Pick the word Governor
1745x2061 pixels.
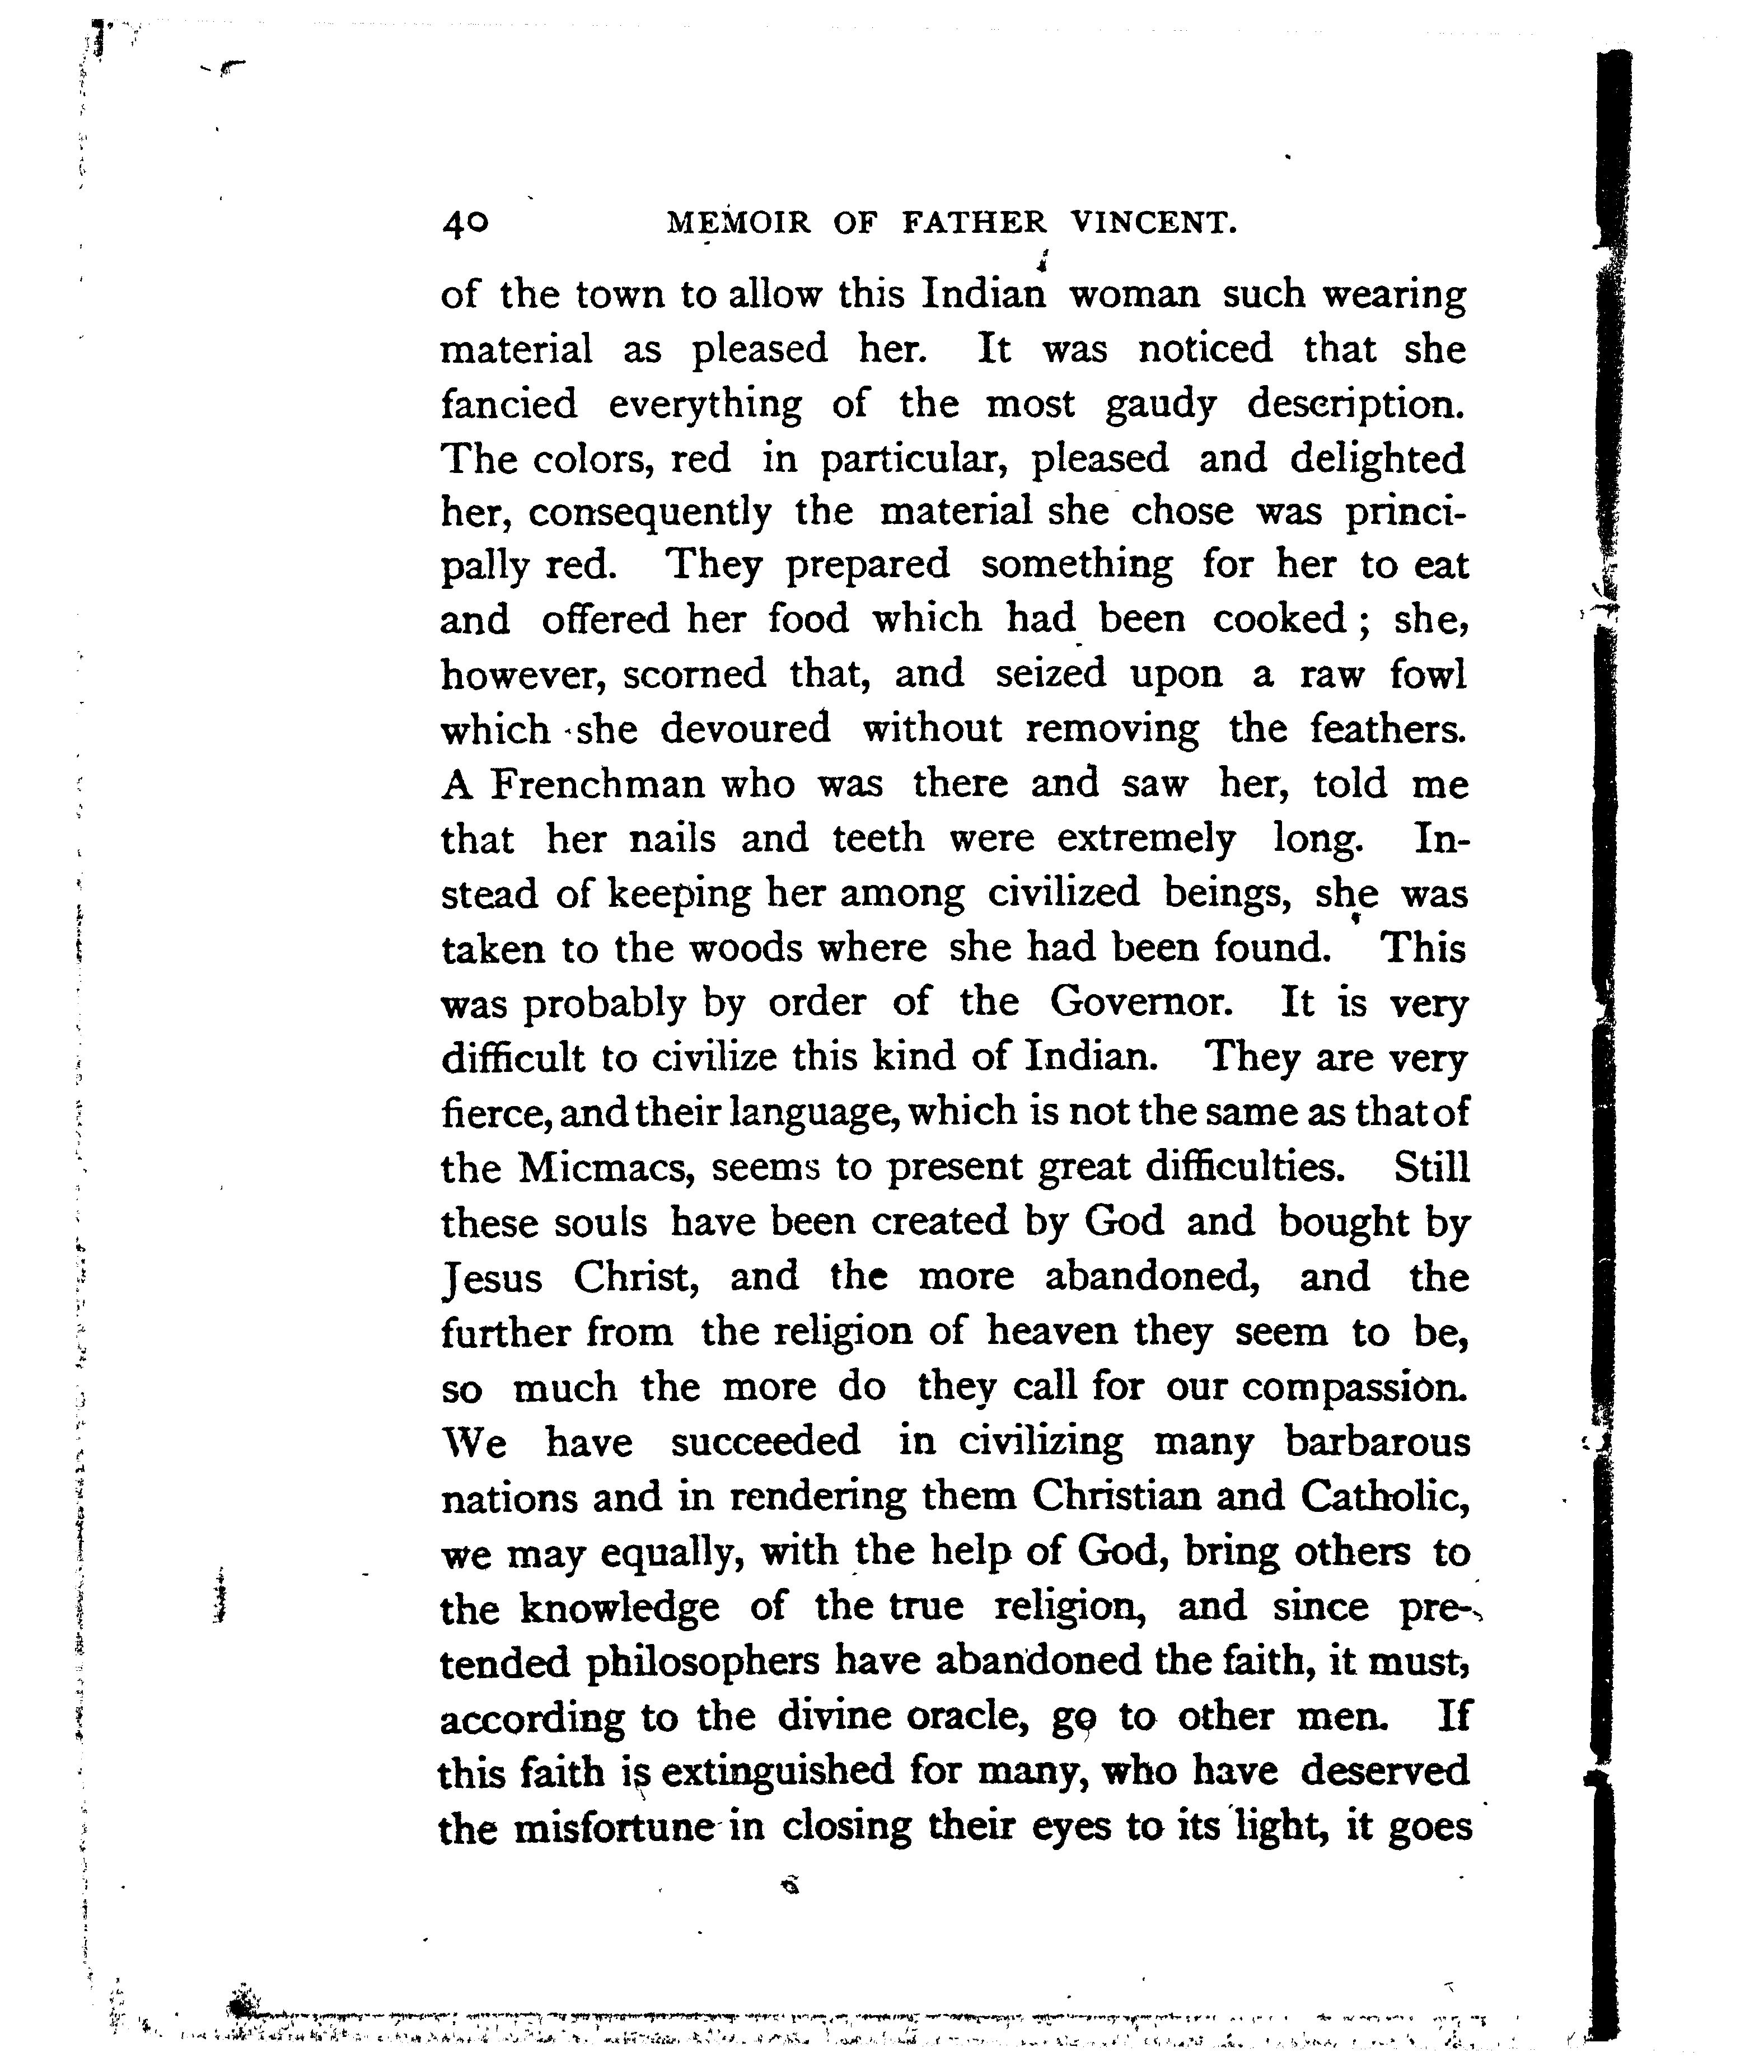tap(1140, 1003)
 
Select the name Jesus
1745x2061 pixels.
tap(492, 1278)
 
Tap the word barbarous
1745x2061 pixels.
tap(1377, 1442)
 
